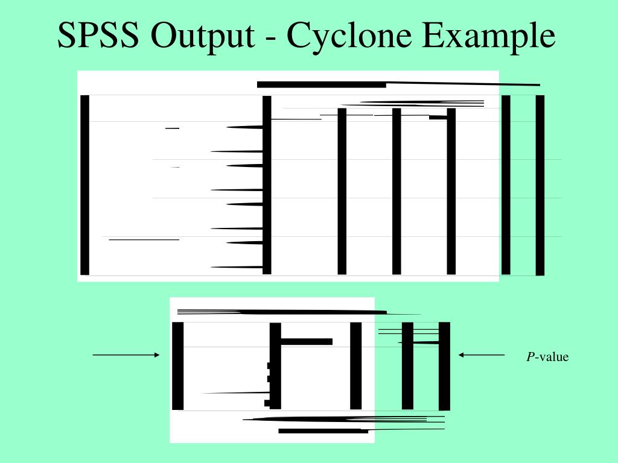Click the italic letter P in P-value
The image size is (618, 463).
[530, 357]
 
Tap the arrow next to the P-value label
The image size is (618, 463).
[481, 355]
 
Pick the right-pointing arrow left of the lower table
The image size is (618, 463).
[126, 355]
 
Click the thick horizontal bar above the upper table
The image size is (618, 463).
[321, 84]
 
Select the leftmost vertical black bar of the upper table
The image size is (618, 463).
[84, 184]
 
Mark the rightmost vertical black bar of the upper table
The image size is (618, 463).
[540, 184]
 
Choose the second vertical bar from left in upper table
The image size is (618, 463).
[267, 184]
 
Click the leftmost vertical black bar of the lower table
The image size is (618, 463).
[177, 365]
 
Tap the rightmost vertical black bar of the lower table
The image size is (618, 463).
[444, 365]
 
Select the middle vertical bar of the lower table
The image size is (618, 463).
[355, 365]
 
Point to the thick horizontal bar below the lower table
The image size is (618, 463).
[323, 431]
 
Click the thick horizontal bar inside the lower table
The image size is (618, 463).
[307, 342]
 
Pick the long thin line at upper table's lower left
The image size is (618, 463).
[144, 240]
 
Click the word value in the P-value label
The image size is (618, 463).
[553, 357]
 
